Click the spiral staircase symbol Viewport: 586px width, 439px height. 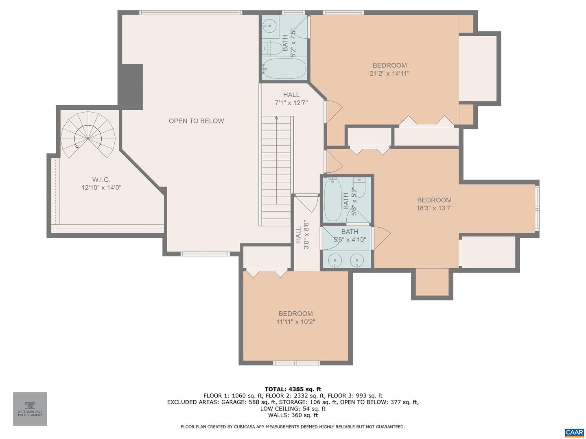pos(88,135)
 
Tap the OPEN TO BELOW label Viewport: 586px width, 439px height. pos(196,121)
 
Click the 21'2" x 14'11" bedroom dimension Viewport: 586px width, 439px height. pos(389,74)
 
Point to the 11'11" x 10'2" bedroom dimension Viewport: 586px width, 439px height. pos(295,322)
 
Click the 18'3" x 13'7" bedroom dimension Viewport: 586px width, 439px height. pos(434,208)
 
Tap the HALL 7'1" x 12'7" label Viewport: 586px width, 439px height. pos(291,99)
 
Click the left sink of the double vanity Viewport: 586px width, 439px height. pos(335,259)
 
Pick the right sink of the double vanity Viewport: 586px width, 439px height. pos(357,259)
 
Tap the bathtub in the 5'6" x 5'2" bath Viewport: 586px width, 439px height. pos(332,200)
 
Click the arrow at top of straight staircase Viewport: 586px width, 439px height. pos(276,118)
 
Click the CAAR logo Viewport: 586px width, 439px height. pos(574,432)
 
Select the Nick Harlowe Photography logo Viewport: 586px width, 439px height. pos(30,409)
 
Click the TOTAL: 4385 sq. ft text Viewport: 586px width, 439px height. pos(293,389)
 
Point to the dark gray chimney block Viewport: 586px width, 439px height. pos(131,87)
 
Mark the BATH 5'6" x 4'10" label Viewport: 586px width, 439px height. pos(347,236)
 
